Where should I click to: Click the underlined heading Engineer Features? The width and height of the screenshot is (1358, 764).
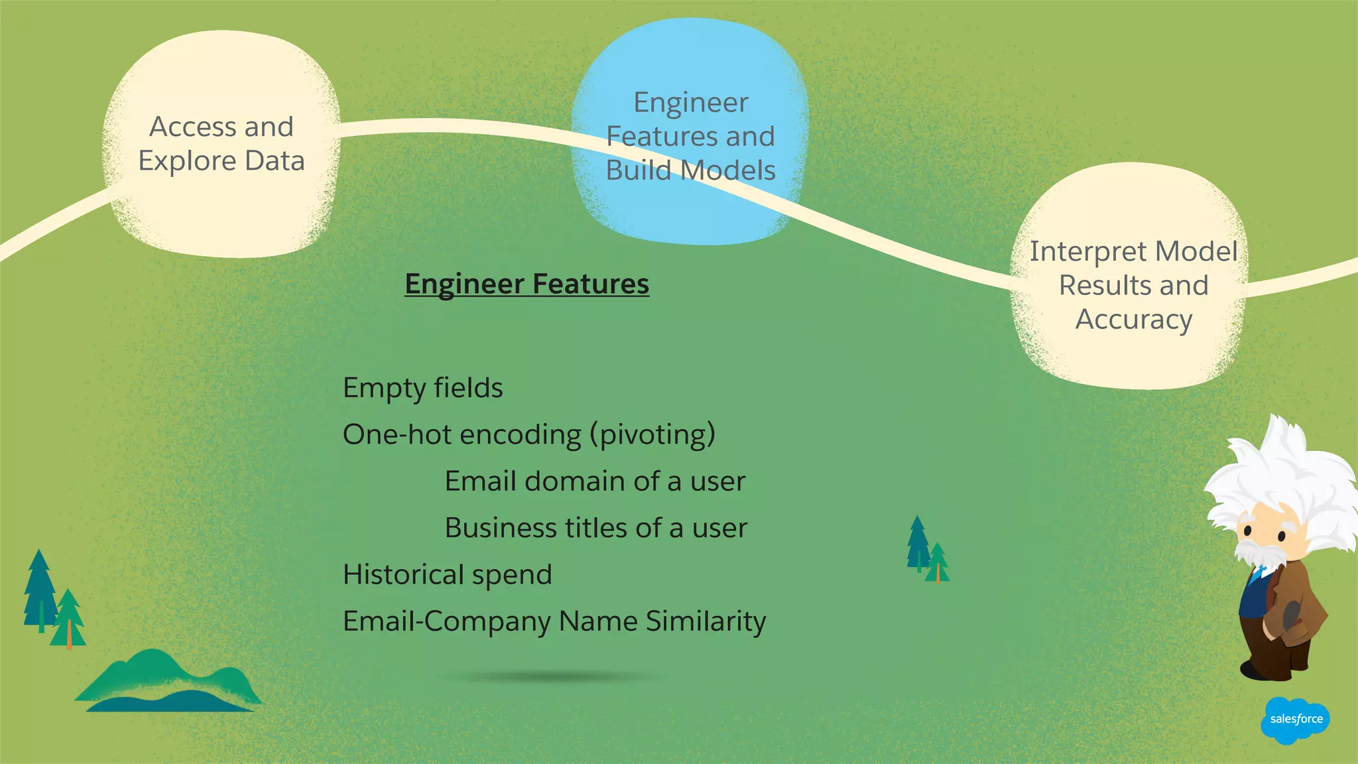pos(526,284)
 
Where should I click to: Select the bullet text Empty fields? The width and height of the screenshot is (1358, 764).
pos(422,388)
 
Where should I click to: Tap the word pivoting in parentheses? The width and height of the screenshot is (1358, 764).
pos(656,435)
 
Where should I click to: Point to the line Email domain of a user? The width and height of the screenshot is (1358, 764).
pos(595,481)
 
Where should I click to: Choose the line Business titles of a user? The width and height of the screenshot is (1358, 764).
pos(595,529)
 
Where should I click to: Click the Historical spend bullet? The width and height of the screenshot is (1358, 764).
pos(447,575)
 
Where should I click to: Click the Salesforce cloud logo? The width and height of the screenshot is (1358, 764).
pos(1295,720)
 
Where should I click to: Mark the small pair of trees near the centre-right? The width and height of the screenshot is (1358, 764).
pos(927,550)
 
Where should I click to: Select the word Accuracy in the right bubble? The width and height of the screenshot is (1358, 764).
pos(1133,320)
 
